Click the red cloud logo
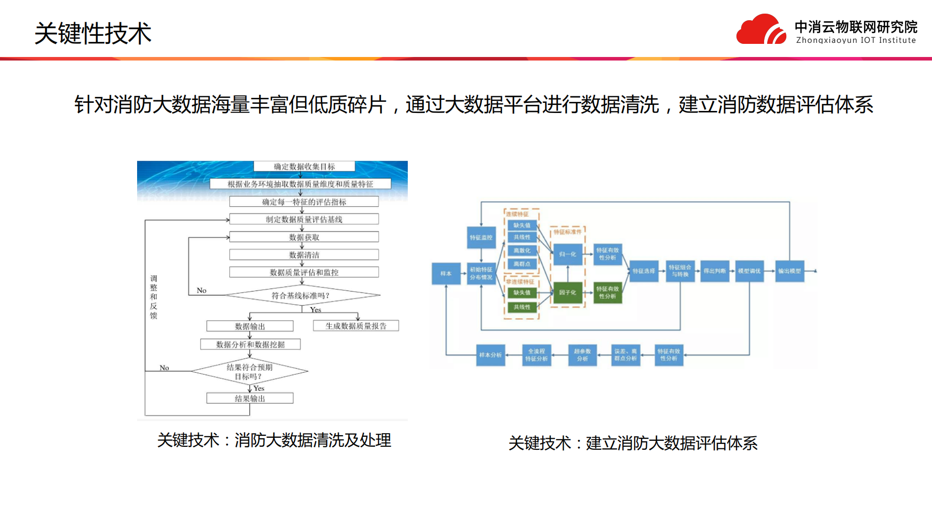pyautogui.click(x=761, y=30)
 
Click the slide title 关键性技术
pyautogui.click(x=93, y=34)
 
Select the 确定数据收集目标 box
pyautogui.click(x=304, y=166)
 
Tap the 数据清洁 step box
pyautogui.click(x=304, y=255)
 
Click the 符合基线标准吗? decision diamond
pyautogui.click(x=301, y=295)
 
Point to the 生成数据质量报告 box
pyautogui.click(x=356, y=326)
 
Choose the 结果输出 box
pyautogui.click(x=250, y=398)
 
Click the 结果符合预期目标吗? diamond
pyautogui.click(x=249, y=372)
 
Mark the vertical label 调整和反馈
pyautogui.click(x=154, y=297)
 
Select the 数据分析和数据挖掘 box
pyautogui.click(x=250, y=344)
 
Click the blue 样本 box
pyautogui.click(x=446, y=274)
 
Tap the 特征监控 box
pyautogui.click(x=481, y=238)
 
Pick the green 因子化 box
pyautogui.click(x=568, y=293)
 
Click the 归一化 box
pyautogui.click(x=568, y=254)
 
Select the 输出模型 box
pyautogui.click(x=789, y=271)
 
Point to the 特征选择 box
pyautogui.click(x=644, y=271)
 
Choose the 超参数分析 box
pyautogui.click(x=582, y=355)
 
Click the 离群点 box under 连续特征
pyautogui.click(x=522, y=264)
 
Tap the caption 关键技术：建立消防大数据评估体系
pyautogui.click(x=633, y=443)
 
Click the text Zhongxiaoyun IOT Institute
pyautogui.click(x=855, y=40)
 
